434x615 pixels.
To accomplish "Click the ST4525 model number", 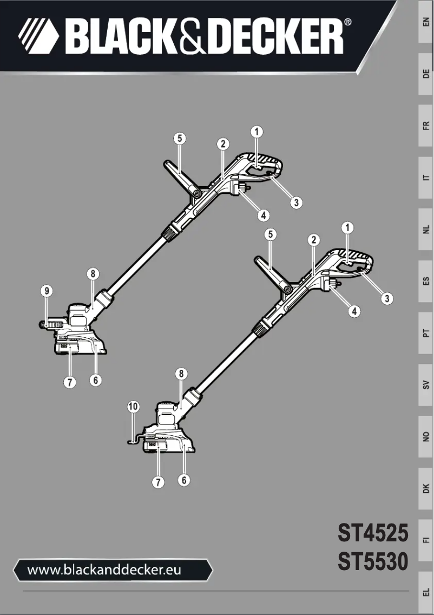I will [373, 533].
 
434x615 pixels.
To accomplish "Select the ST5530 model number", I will [373, 561].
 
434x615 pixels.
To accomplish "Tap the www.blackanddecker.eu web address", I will [104, 570].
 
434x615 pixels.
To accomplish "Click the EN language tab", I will [426, 22].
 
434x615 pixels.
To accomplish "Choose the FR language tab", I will [426, 126].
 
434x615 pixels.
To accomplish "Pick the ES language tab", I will [426, 282].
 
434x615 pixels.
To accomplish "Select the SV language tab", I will [426, 385].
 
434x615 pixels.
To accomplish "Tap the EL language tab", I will [426, 592].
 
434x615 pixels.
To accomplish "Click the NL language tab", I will [426, 230].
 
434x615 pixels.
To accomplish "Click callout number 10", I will [133, 406].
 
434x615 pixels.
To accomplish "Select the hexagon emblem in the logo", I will [38, 36].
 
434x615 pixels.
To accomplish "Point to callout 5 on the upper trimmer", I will [180, 138].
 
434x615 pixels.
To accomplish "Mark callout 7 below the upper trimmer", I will [69, 382].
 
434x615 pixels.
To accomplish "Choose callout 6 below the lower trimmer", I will [185, 480].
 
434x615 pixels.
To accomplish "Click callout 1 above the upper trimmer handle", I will [257, 131].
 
